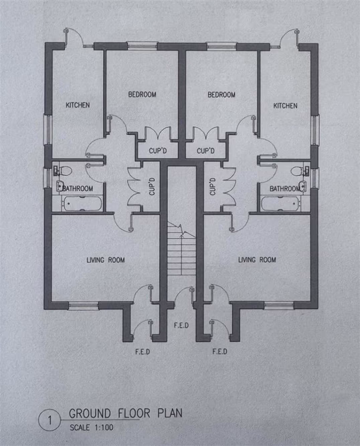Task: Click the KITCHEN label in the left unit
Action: [78, 105]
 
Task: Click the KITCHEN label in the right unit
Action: [285, 106]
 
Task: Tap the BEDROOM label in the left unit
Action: [142, 95]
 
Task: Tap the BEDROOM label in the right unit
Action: [221, 95]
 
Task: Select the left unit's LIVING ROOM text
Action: [106, 259]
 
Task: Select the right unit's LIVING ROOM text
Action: [258, 259]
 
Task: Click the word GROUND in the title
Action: [90, 413]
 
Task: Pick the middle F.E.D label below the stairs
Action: [181, 326]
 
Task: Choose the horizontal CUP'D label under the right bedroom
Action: [205, 152]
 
